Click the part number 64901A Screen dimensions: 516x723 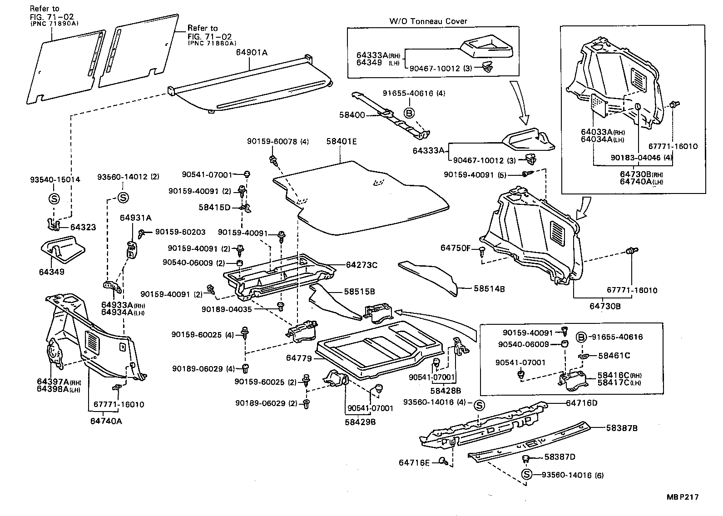(252, 53)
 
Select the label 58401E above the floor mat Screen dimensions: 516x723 (341, 142)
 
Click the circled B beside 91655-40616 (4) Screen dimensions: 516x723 (409, 113)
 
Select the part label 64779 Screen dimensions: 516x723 (299, 358)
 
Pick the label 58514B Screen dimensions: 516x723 (489, 288)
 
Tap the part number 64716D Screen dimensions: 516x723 (581, 403)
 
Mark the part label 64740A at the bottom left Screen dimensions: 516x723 (106, 421)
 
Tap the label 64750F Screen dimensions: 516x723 (456, 248)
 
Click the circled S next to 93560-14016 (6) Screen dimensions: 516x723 (527, 475)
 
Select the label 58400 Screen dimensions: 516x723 (352, 115)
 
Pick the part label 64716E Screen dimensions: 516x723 (414, 462)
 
